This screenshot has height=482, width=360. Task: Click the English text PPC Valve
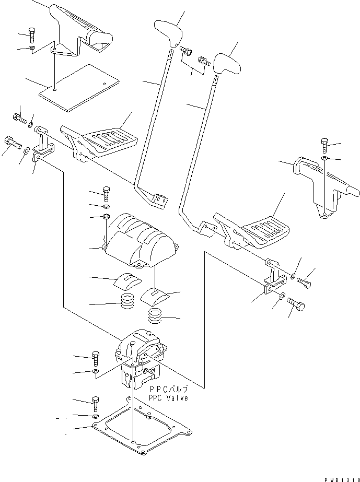point(168,398)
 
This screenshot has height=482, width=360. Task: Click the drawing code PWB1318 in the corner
point(342,479)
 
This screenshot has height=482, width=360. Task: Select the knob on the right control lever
point(227,63)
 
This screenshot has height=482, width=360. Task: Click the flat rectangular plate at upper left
point(79,88)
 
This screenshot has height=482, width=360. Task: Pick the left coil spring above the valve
point(127,301)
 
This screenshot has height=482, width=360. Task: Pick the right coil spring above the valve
point(155,316)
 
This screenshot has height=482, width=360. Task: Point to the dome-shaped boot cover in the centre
point(141,240)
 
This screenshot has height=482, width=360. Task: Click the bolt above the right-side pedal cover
point(325,145)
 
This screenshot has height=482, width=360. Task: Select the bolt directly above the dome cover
point(107,194)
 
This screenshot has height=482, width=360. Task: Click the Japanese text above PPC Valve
point(169,390)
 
